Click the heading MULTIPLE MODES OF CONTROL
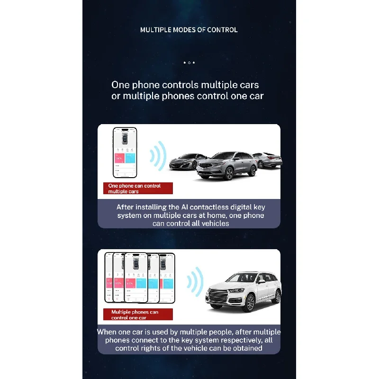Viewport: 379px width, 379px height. (x=189, y=30)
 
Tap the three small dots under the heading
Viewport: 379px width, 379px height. (x=189, y=63)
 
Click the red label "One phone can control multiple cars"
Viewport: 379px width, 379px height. (x=137, y=189)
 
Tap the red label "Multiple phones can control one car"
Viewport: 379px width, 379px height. (x=137, y=315)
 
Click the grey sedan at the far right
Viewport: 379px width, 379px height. (x=268, y=160)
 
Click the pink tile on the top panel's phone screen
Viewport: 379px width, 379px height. (x=119, y=158)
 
